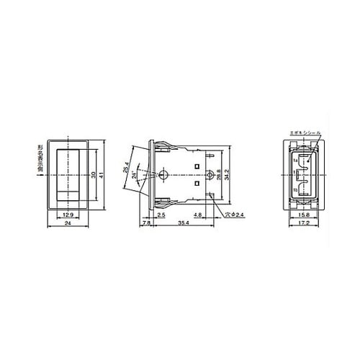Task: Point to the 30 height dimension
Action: pos(93,174)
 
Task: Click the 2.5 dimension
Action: pos(162,215)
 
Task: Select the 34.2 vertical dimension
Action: pos(229,175)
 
